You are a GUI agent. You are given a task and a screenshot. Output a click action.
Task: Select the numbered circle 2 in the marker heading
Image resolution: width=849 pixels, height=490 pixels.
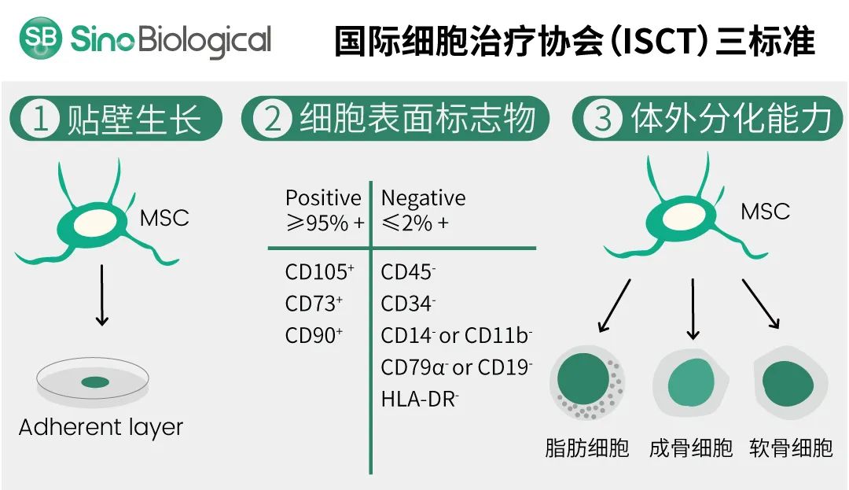point(272,120)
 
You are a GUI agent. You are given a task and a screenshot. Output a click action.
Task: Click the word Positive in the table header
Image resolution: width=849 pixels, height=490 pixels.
point(323,197)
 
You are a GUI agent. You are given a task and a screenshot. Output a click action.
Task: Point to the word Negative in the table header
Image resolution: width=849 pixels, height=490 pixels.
point(423,197)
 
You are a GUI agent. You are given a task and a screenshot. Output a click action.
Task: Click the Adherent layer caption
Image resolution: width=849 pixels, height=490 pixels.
point(101,428)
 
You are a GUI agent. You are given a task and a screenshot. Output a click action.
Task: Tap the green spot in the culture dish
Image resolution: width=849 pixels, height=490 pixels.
point(95,382)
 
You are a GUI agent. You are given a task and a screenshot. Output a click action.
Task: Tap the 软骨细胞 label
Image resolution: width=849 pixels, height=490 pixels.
point(791,448)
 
